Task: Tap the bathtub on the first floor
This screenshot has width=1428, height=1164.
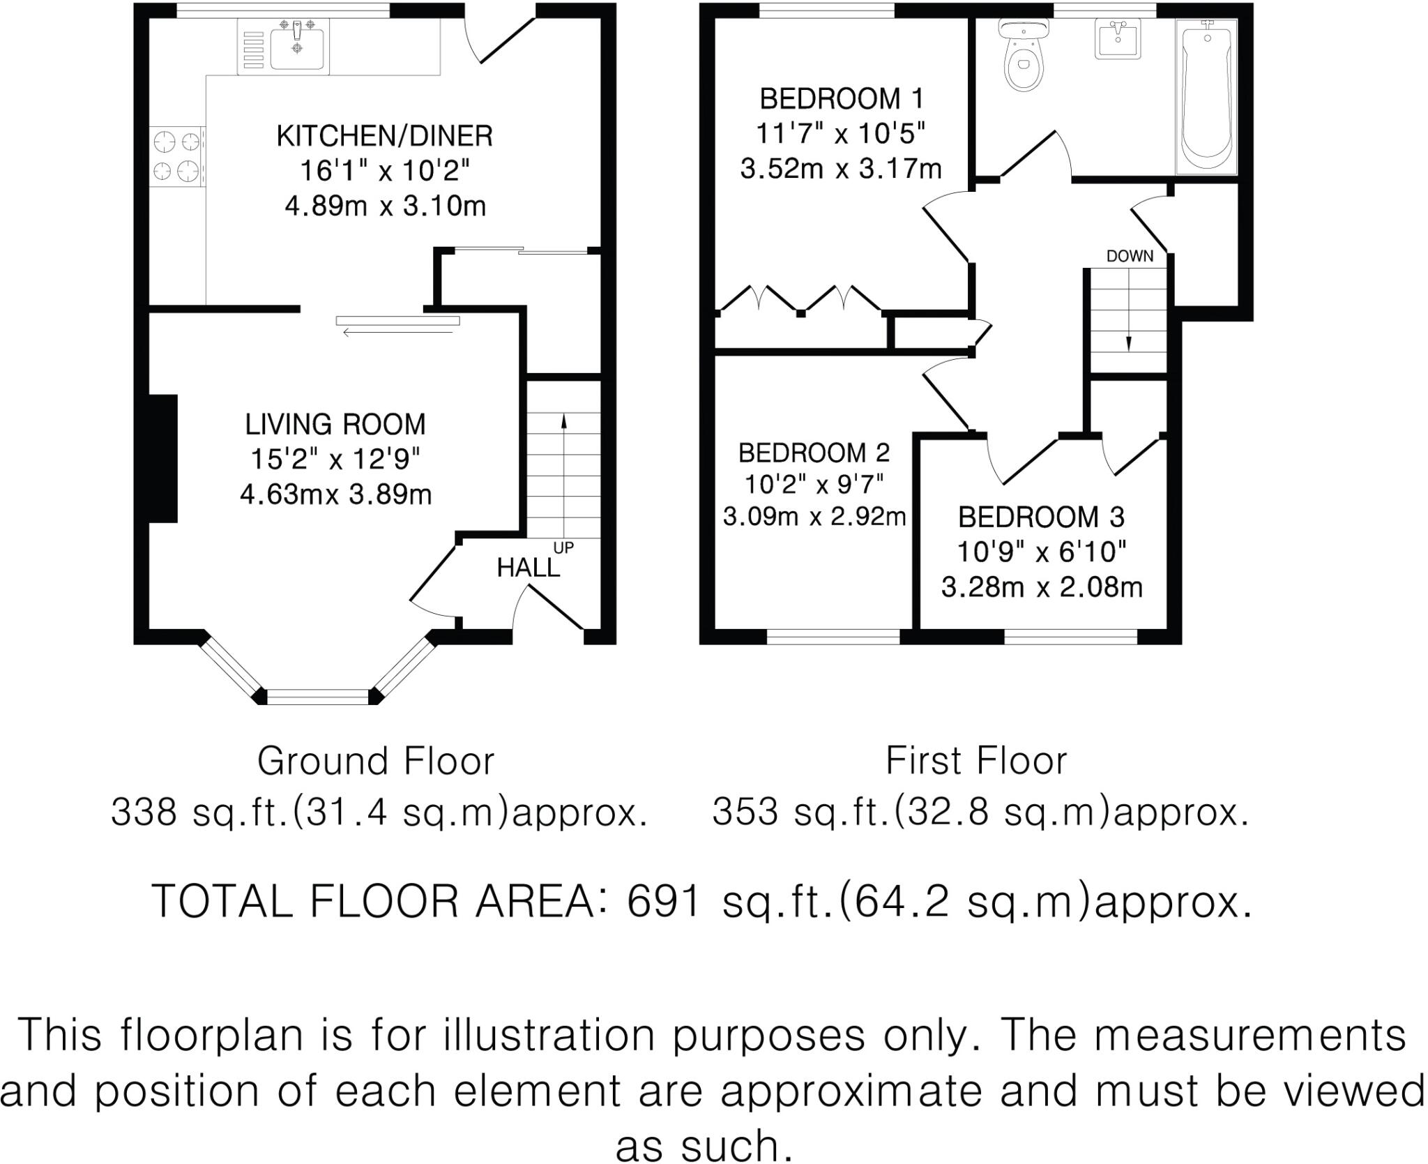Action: coord(1206,98)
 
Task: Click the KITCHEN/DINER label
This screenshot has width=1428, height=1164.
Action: coord(384,136)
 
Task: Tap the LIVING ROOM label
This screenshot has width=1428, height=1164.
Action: coord(335,424)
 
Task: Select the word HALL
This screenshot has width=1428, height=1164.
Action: coord(528,568)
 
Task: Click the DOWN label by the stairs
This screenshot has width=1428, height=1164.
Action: coord(1130,257)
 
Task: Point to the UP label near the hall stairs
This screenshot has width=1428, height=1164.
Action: coord(563,548)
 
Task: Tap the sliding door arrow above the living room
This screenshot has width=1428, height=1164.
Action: coord(397,332)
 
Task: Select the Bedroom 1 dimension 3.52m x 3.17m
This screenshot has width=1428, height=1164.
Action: coord(840,169)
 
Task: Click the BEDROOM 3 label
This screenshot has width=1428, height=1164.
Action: coord(1041,517)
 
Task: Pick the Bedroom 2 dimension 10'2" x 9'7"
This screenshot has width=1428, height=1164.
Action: coord(814,483)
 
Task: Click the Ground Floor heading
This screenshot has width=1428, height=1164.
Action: coord(375,761)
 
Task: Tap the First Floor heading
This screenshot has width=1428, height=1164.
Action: coord(975,761)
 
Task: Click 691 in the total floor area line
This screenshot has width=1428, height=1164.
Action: coord(663,901)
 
